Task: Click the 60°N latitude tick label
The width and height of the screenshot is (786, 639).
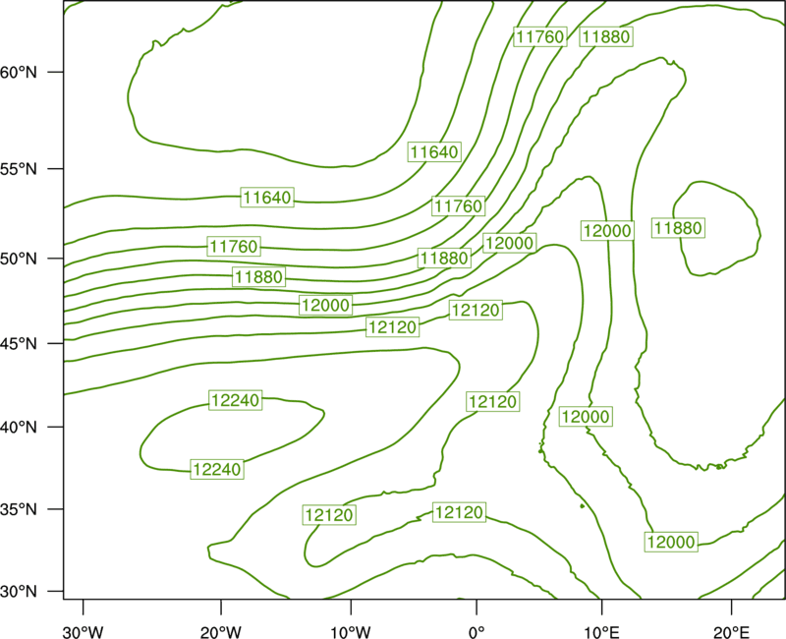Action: click(x=19, y=72)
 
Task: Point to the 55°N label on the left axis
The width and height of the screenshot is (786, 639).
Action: click(x=19, y=169)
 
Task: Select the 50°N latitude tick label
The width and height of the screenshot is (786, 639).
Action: click(x=19, y=259)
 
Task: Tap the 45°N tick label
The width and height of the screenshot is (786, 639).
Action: click(x=19, y=343)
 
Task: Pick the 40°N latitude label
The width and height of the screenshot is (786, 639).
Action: click(x=19, y=428)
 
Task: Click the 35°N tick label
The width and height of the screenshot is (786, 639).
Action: click(x=19, y=509)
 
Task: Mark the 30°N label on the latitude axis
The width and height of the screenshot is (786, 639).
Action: click(x=19, y=592)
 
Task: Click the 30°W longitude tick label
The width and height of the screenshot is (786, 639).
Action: click(x=83, y=632)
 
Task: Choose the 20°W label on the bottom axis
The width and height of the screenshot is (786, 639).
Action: click(x=220, y=632)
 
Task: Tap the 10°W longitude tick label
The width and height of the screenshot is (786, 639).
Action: click(x=351, y=632)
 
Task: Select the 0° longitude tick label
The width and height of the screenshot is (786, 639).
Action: click(x=477, y=632)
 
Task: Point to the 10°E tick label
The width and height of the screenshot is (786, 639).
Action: click(x=602, y=632)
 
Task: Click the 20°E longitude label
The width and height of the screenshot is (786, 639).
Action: click(x=731, y=632)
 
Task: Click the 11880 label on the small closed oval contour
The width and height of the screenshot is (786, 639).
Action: click(x=678, y=228)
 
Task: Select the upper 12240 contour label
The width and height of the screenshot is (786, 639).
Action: click(x=236, y=400)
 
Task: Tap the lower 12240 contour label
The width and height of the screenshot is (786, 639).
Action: click(x=217, y=470)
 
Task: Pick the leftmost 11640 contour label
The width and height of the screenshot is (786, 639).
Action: click(x=267, y=198)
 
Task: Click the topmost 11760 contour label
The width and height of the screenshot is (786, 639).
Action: click(x=540, y=36)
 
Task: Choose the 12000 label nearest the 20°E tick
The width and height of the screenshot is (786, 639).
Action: click(x=671, y=543)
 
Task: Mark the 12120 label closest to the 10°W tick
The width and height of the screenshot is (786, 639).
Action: click(x=329, y=515)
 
